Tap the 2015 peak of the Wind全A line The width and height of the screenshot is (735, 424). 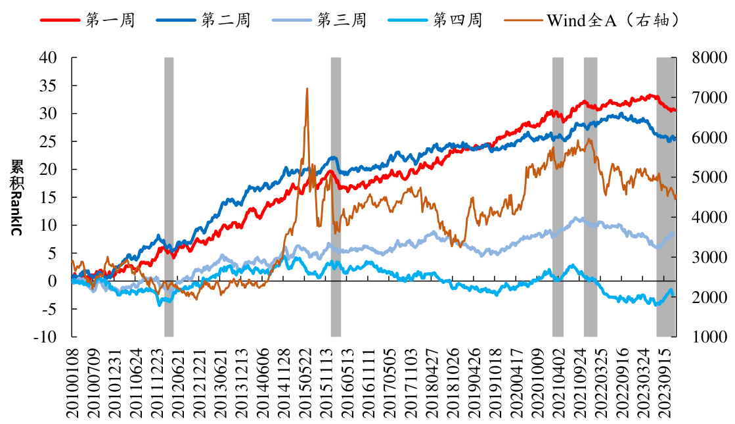point(307,89)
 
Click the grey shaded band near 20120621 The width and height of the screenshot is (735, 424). point(169,197)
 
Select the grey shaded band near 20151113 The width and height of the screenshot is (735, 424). point(336,197)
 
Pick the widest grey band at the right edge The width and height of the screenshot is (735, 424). point(666,197)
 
